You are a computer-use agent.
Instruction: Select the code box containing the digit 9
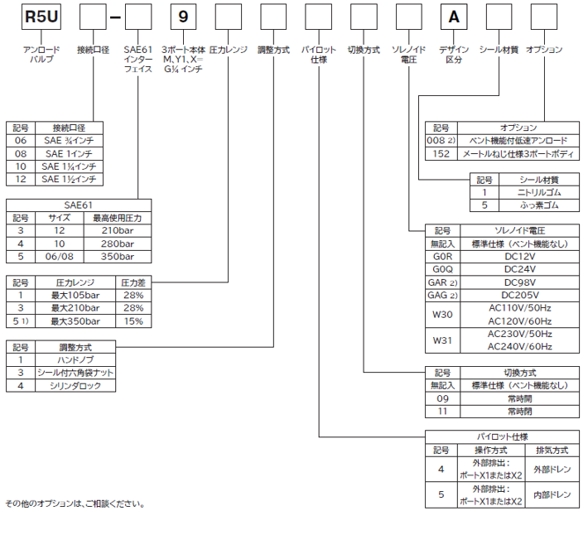tap(183, 17)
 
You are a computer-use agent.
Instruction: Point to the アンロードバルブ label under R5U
tap(41, 55)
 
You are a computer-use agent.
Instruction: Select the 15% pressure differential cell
tap(133, 321)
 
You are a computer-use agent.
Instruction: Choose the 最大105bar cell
tap(75, 294)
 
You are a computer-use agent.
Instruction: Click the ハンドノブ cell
tap(75, 360)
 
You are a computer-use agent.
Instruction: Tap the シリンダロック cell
tap(75, 386)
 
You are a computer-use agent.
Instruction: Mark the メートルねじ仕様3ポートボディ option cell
tap(518, 155)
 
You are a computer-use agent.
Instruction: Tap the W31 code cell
tap(442, 340)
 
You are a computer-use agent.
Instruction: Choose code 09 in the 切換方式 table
tap(442, 398)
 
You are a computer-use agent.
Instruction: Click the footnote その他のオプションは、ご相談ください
tap(75, 504)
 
